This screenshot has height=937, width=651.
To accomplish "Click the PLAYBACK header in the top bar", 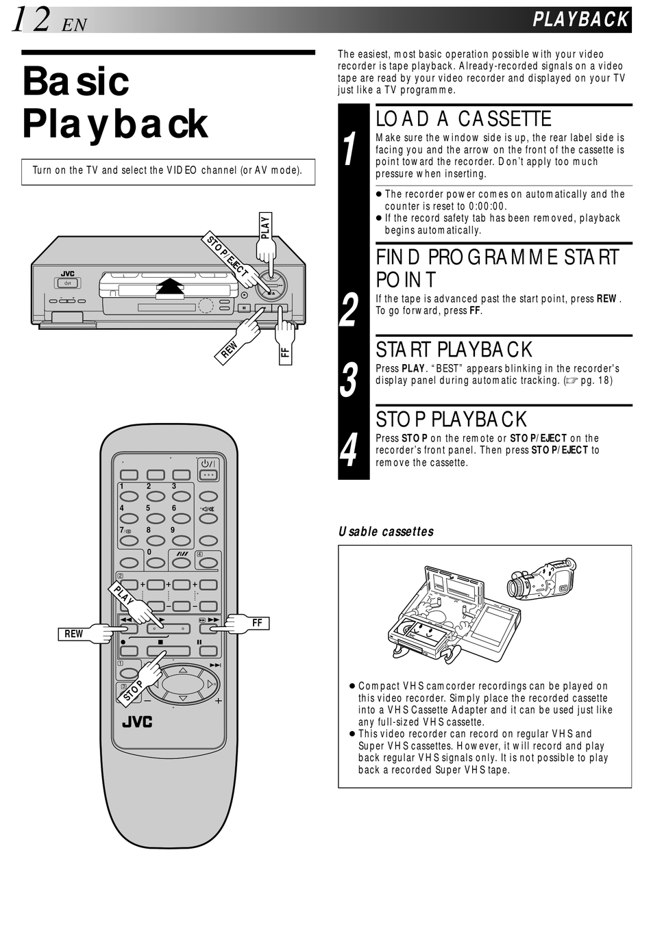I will tap(580, 19).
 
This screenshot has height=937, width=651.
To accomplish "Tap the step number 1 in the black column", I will tap(351, 149).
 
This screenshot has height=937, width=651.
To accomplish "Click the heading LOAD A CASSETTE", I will tap(463, 119).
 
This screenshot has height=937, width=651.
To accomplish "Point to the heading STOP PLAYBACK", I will tap(452, 419).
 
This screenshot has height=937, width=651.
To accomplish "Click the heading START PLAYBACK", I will tap(454, 350).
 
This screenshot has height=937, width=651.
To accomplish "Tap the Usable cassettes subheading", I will tap(386, 531).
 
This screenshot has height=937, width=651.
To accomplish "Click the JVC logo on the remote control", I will tap(137, 722).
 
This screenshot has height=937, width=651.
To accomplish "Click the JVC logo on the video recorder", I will tap(67, 274).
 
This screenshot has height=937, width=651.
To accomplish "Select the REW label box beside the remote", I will tap(73, 634).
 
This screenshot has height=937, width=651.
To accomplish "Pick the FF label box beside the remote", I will tap(258, 623).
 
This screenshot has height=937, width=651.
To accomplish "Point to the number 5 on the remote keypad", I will tap(148, 508).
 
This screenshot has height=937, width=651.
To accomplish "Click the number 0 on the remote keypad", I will tap(149, 552).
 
